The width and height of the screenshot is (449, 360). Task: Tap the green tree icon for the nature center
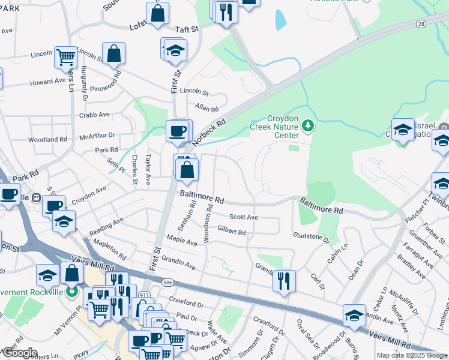308,125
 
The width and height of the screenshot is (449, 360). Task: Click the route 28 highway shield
421,23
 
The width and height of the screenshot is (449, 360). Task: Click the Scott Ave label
244,217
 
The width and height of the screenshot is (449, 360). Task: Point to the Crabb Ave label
94,114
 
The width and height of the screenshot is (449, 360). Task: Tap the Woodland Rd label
48,139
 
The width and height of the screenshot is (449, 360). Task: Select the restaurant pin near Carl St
284,281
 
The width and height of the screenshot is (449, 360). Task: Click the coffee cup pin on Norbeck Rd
177,131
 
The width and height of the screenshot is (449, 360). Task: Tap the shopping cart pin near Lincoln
65,57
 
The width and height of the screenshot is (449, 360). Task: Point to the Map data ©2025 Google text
411,355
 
